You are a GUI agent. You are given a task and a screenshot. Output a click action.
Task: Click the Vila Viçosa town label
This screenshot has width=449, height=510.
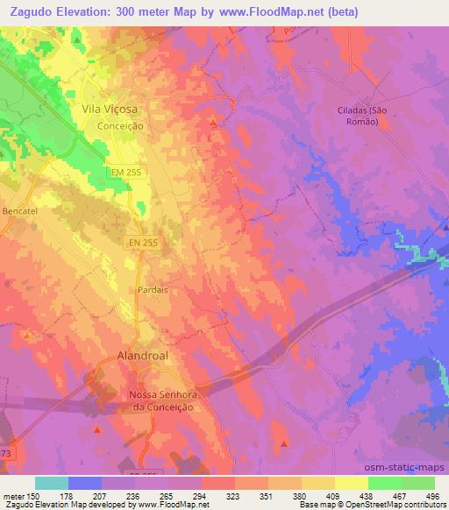coord(110,110)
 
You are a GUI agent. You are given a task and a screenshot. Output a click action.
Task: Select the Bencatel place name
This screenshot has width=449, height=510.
coord(18,213)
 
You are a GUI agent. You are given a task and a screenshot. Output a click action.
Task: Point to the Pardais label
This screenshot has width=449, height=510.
coord(152,288)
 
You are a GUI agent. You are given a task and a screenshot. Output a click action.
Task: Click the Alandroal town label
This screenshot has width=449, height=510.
coord(141,357)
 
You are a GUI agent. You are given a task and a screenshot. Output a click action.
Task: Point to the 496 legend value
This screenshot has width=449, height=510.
coord(432,495)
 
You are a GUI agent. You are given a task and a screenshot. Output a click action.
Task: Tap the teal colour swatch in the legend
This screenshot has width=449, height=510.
coord(51,483)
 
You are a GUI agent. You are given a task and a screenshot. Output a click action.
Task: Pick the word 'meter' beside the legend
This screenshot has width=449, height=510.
coord(12,495)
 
